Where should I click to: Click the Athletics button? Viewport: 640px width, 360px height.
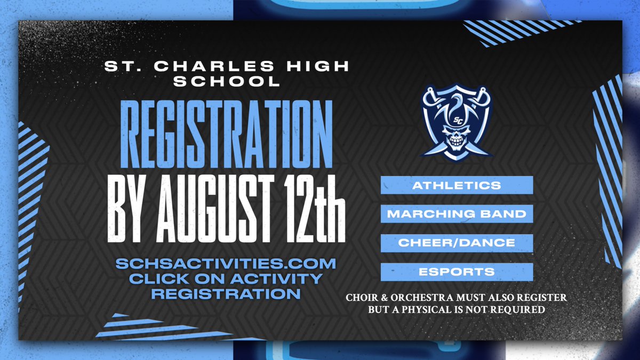coord(457,186)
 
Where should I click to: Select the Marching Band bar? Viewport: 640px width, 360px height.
coord(457,214)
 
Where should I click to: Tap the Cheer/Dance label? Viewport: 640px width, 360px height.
coord(457,243)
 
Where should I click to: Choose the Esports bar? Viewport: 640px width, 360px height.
coord(457,272)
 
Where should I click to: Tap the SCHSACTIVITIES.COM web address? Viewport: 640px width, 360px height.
coord(226,264)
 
